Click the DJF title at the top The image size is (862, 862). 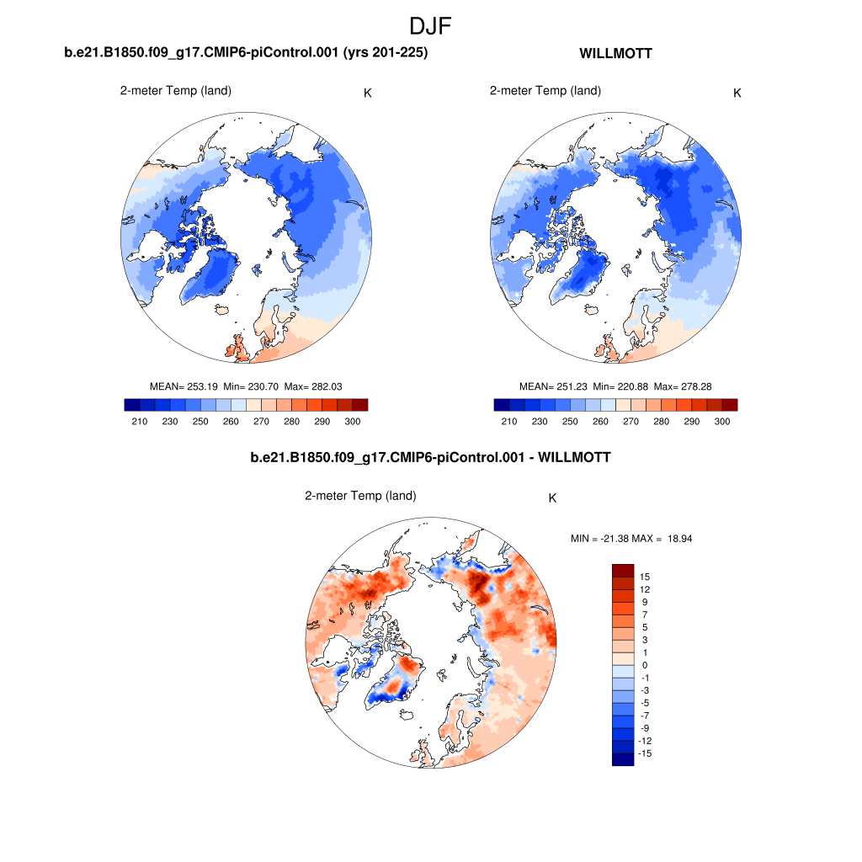pyautogui.click(x=430, y=26)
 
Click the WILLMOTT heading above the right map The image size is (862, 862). pyautogui.click(x=615, y=54)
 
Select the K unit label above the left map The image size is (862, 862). pyautogui.click(x=368, y=93)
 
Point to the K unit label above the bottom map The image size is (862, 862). pyautogui.click(x=552, y=498)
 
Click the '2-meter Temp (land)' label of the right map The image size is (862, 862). pyautogui.click(x=545, y=91)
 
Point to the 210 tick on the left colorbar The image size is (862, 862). pyautogui.click(x=140, y=421)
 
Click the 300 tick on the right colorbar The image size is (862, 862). pyautogui.click(x=721, y=421)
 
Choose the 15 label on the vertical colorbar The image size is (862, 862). pyautogui.click(x=645, y=577)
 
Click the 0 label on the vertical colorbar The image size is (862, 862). pyautogui.click(x=645, y=665)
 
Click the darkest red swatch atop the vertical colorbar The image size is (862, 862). pyautogui.click(x=623, y=570)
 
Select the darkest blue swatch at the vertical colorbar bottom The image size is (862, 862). pyautogui.click(x=623, y=759)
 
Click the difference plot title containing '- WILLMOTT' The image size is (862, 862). pyautogui.click(x=430, y=458)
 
